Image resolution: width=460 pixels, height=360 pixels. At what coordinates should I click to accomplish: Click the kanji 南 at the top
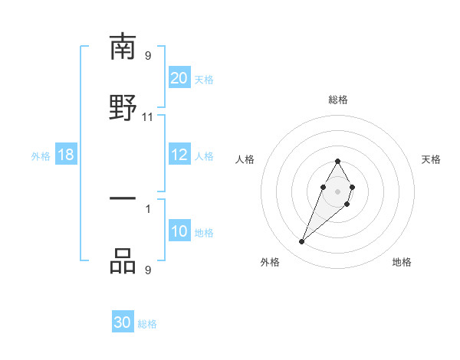pyautogui.click(x=123, y=47)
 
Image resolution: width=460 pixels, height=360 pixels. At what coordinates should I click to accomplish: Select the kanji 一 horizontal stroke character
pyautogui.click(x=123, y=199)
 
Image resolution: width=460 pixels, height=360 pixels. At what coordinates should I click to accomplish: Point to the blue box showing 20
pyautogui.click(x=179, y=78)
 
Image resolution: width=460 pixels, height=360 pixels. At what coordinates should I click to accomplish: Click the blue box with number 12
pyautogui.click(x=179, y=155)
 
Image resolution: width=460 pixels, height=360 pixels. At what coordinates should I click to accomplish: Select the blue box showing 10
pyautogui.click(x=179, y=232)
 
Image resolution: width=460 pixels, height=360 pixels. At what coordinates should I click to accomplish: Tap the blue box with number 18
pyautogui.click(x=66, y=155)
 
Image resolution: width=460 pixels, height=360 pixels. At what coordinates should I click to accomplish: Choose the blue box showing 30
pyautogui.click(x=123, y=322)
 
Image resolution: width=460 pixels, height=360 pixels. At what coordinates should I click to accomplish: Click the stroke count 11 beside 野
pyautogui.click(x=148, y=116)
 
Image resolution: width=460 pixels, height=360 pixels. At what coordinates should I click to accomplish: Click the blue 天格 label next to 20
pyautogui.click(x=204, y=79)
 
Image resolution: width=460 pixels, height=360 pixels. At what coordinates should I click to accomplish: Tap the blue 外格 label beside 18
pyautogui.click(x=41, y=156)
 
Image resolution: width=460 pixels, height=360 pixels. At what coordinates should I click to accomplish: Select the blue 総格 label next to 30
pyautogui.click(x=147, y=323)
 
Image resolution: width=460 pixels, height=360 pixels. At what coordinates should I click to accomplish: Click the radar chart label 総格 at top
pyautogui.click(x=337, y=100)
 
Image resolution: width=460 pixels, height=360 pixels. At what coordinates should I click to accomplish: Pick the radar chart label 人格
pyautogui.click(x=245, y=159)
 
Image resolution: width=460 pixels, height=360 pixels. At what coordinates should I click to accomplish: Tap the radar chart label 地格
pyautogui.click(x=402, y=262)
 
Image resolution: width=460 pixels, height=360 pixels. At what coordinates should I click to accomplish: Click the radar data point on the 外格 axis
pyautogui.click(x=302, y=242)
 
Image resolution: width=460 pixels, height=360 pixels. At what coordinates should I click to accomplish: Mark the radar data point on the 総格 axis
pyautogui.click(x=337, y=161)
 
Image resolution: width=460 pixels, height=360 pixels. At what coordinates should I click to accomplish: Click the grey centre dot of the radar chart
pyautogui.click(x=337, y=191)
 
